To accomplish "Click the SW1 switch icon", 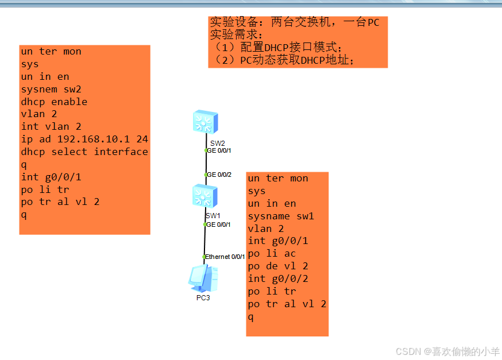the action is coord(205,196).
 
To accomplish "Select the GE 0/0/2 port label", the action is coord(219,175).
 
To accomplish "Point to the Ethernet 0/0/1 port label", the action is coord(225,257).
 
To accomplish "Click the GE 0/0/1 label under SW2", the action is coord(219,150).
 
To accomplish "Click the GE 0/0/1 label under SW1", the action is coord(219,224).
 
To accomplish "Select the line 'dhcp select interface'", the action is coord(84,152).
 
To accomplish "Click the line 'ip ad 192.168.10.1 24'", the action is coord(84,139).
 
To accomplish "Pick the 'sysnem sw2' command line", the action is coord(51,89).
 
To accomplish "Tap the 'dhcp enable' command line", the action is coord(54,102).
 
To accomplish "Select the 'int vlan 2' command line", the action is coord(51,126).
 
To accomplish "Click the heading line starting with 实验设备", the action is coord(294,23).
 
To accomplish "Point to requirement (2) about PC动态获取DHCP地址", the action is coord(283,60).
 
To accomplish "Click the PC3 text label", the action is coord(203,298).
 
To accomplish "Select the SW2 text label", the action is coord(217,142).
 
